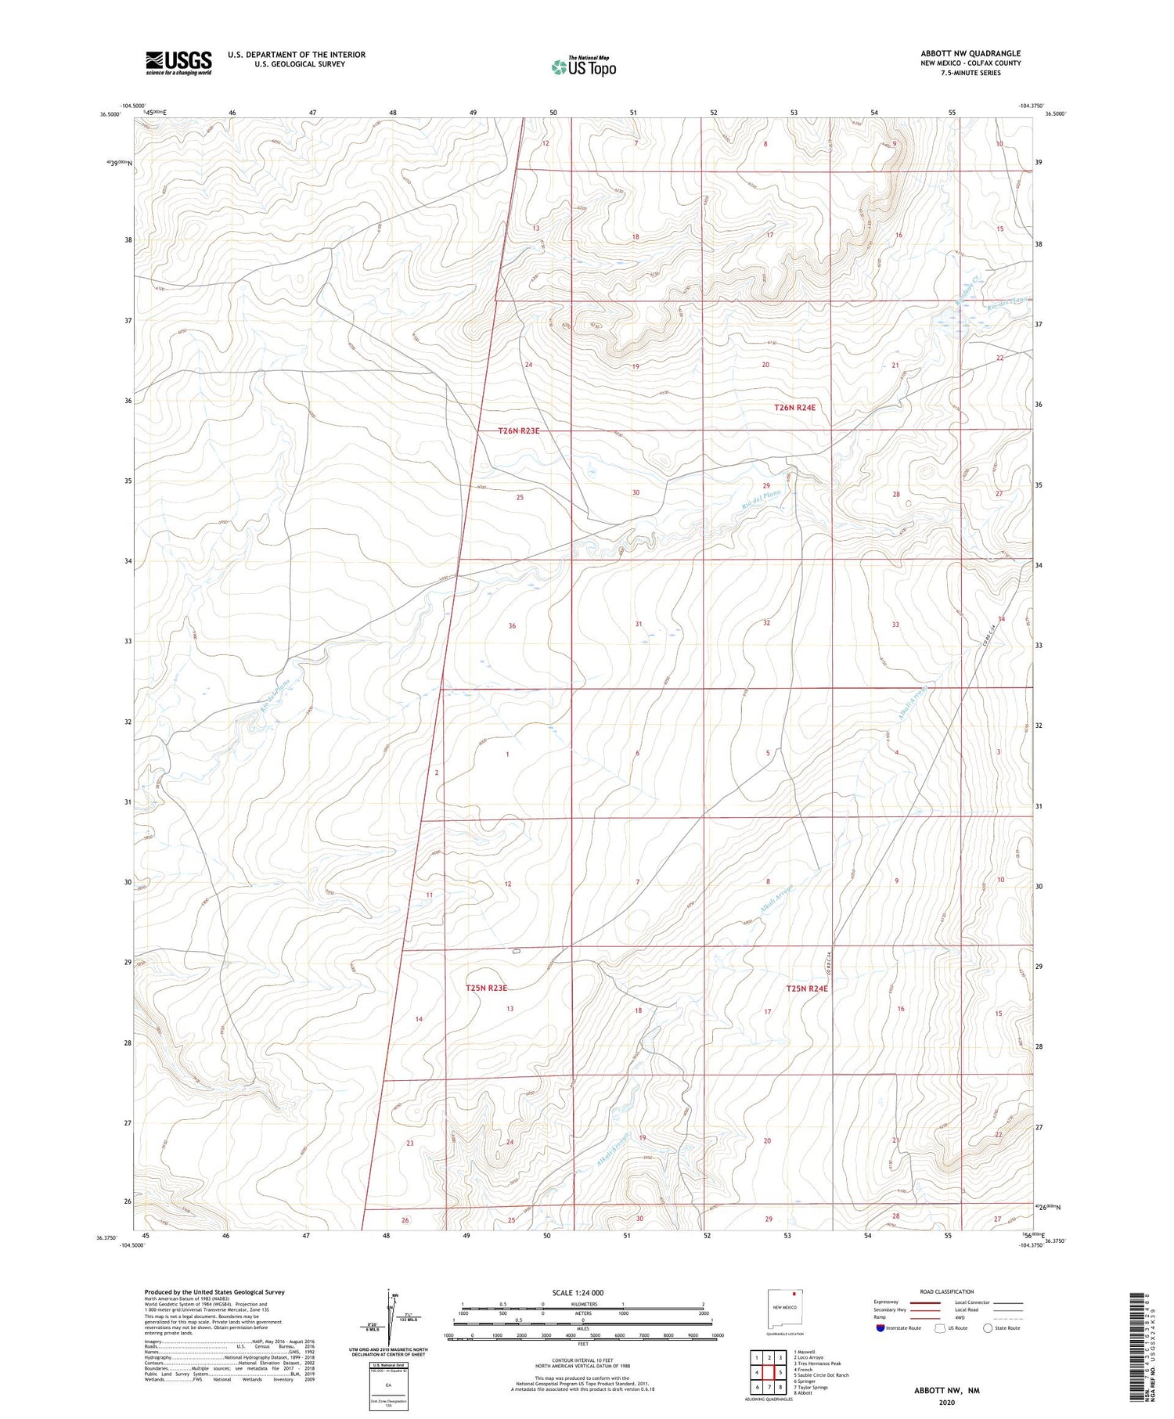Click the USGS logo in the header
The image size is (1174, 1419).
pyautogui.click(x=178, y=63)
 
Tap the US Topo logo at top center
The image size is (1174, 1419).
pyautogui.click(x=584, y=67)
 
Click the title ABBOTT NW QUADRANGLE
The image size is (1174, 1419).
pyautogui.click(x=970, y=53)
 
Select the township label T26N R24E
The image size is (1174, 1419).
pyautogui.click(x=794, y=407)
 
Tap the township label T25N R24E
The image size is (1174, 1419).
pyautogui.click(x=806, y=989)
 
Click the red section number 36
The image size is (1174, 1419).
pyautogui.click(x=512, y=625)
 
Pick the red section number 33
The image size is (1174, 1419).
pyautogui.click(x=895, y=624)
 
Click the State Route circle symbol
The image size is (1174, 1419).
pyautogui.click(x=988, y=1327)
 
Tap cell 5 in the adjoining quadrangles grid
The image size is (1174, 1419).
pyautogui.click(x=780, y=1372)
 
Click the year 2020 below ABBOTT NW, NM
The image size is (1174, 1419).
pyautogui.click(x=947, y=1403)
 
